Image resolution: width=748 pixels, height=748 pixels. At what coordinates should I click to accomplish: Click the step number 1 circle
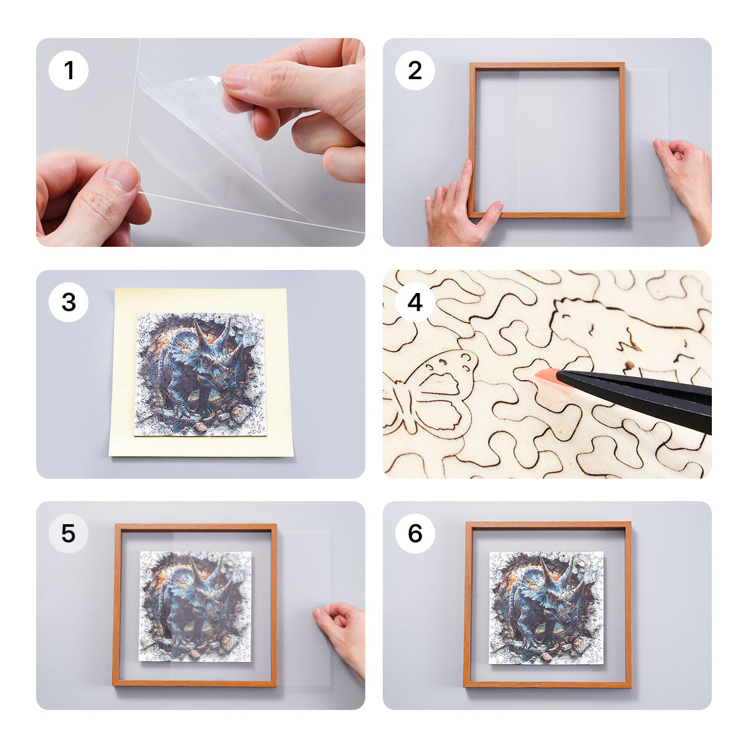(x=69, y=70)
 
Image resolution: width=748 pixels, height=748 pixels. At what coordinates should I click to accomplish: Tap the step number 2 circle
(x=415, y=70)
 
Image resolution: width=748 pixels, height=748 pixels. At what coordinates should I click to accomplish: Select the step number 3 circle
(x=69, y=302)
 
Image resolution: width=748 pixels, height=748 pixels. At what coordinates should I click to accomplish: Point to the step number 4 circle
(x=415, y=302)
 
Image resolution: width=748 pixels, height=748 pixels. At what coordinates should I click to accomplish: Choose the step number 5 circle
(x=69, y=534)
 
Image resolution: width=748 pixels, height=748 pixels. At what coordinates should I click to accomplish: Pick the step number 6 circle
(x=415, y=534)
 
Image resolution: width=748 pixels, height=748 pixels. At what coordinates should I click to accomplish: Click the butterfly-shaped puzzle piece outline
(x=436, y=393)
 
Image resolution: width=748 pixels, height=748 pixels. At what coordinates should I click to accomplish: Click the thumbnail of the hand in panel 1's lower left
(x=93, y=199)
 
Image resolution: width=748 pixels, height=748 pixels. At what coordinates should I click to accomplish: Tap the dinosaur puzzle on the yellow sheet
(x=201, y=374)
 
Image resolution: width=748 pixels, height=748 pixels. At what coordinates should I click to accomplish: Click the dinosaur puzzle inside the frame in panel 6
(x=546, y=608)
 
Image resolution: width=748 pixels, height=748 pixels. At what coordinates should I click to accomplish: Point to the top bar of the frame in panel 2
(x=547, y=65)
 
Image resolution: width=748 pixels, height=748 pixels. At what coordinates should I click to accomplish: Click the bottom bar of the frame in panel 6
(x=547, y=684)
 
